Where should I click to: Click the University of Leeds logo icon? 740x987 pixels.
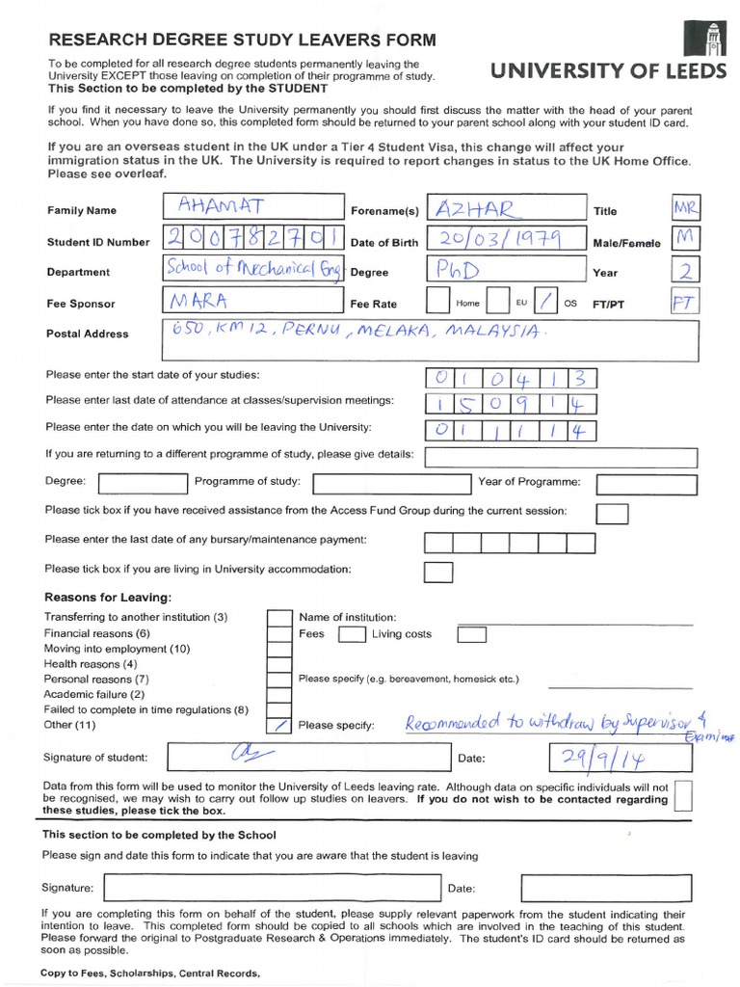(x=700, y=38)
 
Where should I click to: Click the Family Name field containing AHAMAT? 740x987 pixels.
(x=253, y=207)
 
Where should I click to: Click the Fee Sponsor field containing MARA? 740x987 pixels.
(x=253, y=302)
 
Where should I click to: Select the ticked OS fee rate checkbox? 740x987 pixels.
(x=546, y=302)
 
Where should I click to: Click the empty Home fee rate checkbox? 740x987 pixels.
(x=437, y=302)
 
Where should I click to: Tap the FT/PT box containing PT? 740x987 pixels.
(x=684, y=303)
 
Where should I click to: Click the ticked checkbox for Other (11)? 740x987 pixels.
(x=278, y=724)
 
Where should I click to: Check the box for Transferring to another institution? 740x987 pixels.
(x=278, y=617)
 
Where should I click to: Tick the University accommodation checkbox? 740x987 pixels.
(x=438, y=572)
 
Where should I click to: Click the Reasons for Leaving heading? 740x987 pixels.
(x=107, y=598)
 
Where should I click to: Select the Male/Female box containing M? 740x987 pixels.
(x=685, y=240)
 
